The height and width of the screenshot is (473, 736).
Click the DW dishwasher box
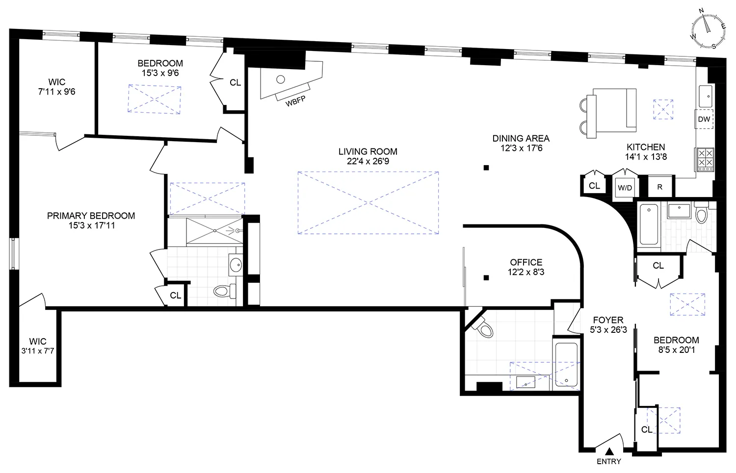pyautogui.click(x=704, y=119)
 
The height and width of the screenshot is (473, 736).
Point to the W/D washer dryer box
pyautogui.click(x=625, y=187)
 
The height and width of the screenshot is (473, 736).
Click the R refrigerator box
pyautogui.click(x=660, y=187)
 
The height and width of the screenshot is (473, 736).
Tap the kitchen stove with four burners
pyautogui.click(x=705, y=159)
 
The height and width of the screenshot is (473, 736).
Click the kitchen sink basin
pyautogui.click(x=706, y=97)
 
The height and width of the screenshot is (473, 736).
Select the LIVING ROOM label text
pyautogui.click(x=368, y=151)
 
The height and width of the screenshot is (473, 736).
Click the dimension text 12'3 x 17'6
pyautogui.click(x=521, y=148)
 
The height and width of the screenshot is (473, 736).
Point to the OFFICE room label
pyautogui.click(x=526, y=262)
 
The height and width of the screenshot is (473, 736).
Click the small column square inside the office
pyautogui.click(x=486, y=278)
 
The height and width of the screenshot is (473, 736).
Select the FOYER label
pyautogui.click(x=607, y=320)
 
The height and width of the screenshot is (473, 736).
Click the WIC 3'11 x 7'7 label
pyautogui.click(x=37, y=346)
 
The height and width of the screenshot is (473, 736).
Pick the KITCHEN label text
pyautogui.click(x=646, y=147)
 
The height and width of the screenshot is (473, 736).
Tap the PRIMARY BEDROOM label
pyautogui.click(x=91, y=216)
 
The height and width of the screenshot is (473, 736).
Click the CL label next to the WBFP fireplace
pyautogui.click(x=235, y=82)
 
